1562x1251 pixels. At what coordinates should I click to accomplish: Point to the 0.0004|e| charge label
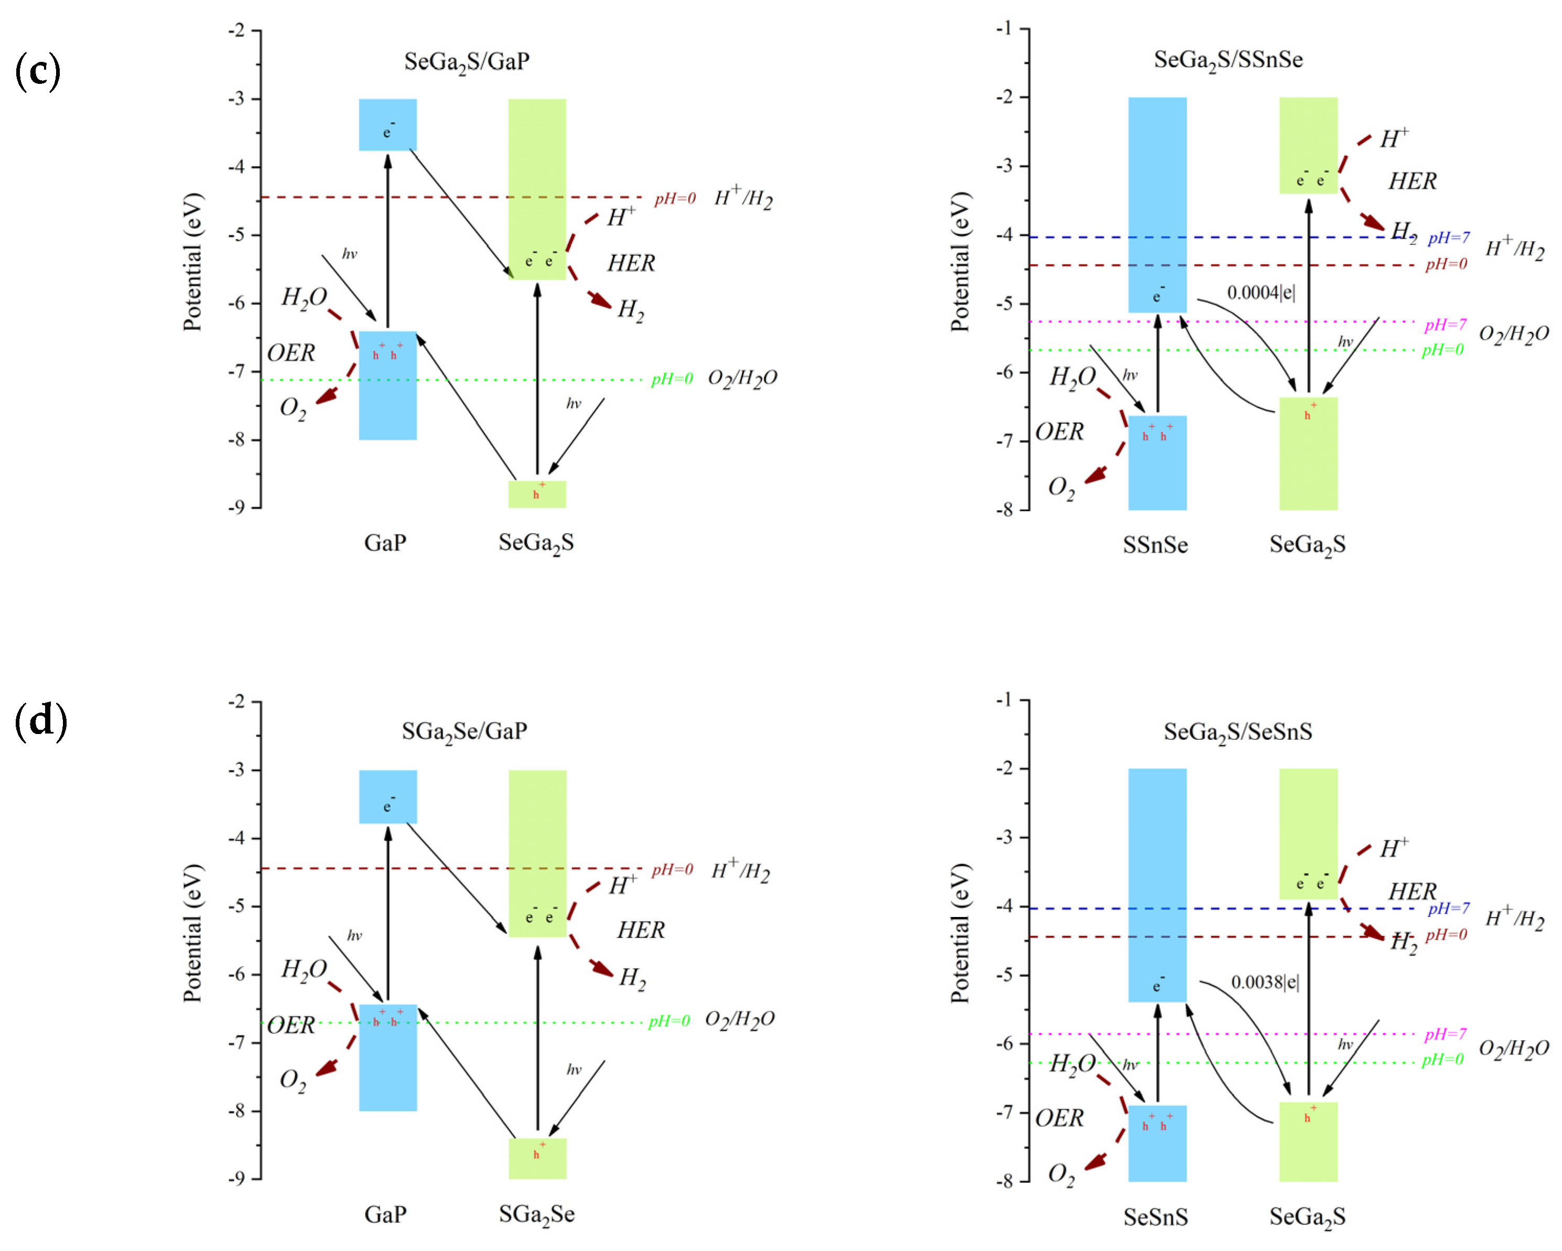click(x=1261, y=293)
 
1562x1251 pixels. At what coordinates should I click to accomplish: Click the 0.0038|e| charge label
click(x=1265, y=982)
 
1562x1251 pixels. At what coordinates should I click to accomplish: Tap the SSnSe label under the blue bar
click(x=1156, y=545)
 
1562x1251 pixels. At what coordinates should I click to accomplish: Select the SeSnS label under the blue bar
click(x=1156, y=1217)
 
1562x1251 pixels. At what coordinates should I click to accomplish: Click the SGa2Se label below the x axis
click(x=537, y=1215)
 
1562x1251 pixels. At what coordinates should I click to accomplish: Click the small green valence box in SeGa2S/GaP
click(x=537, y=494)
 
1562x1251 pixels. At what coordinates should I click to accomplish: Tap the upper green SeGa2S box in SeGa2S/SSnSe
click(x=1308, y=145)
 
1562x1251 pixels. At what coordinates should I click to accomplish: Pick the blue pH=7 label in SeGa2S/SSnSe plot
click(x=1449, y=238)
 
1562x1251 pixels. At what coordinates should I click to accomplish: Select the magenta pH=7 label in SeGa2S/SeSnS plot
click(x=1446, y=1034)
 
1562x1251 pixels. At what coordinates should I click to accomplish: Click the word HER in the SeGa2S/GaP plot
click(x=631, y=263)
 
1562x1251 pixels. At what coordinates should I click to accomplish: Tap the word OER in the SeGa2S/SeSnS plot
click(x=1059, y=1118)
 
